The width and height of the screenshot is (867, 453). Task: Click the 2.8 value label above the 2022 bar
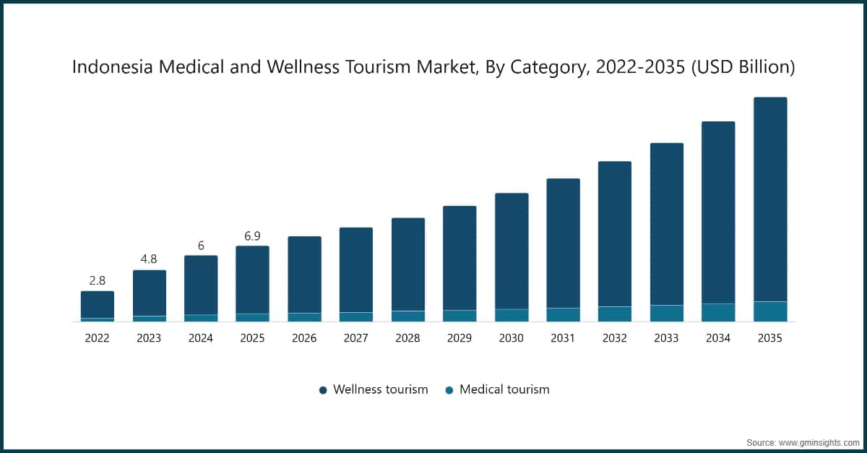tap(97, 280)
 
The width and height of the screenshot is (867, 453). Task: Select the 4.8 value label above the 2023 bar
tap(149, 259)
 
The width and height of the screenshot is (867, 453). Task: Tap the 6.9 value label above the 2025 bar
tap(252, 236)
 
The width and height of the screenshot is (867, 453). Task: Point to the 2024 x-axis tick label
tap(201, 337)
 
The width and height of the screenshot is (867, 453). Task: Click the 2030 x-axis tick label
tap(511, 337)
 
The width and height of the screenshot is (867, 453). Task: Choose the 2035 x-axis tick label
tap(769, 337)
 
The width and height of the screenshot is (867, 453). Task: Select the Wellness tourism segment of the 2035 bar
tap(769, 199)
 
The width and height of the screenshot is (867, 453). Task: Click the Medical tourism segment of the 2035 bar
tap(769, 311)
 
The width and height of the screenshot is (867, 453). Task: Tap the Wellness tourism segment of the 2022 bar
tap(97, 304)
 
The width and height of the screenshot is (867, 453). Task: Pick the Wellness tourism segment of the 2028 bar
tap(407, 264)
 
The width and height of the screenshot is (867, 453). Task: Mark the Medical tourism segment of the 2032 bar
tap(614, 314)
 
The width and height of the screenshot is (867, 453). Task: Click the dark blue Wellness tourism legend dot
tap(323, 390)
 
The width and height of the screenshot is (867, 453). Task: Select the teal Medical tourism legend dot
tap(449, 390)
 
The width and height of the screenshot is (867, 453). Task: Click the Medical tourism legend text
tap(504, 389)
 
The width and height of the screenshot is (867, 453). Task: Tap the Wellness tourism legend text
tap(380, 389)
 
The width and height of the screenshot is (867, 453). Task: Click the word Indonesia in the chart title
tap(108, 67)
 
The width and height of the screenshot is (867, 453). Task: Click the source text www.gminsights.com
tap(819, 441)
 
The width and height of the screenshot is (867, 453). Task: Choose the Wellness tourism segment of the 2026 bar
tap(304, 275)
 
